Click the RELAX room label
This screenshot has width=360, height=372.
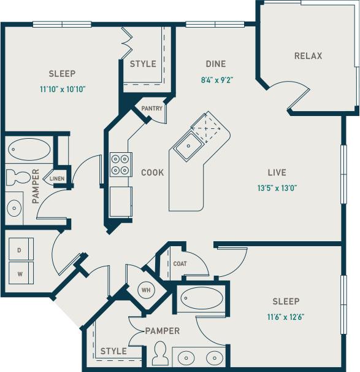(x=308, y=56)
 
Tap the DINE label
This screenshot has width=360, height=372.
(x=215, y=64)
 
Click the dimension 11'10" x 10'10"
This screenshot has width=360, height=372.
(x=62, y=89)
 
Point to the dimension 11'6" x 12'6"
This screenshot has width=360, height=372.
(x=286, y=317)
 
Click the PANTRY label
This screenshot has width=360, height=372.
(x=151, y=109)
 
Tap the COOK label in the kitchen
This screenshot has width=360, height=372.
(x=152, y=172)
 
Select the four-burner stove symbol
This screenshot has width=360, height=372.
(x=120, y=164)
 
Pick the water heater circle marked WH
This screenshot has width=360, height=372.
(x=146, y=289)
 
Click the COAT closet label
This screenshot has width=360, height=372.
(x=179, y=265)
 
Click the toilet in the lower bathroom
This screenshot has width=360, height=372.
(x=160, y=354)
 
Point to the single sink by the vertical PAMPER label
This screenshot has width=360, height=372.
(x=15, y=207)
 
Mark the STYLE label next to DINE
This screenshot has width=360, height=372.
(x=143, y=64)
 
